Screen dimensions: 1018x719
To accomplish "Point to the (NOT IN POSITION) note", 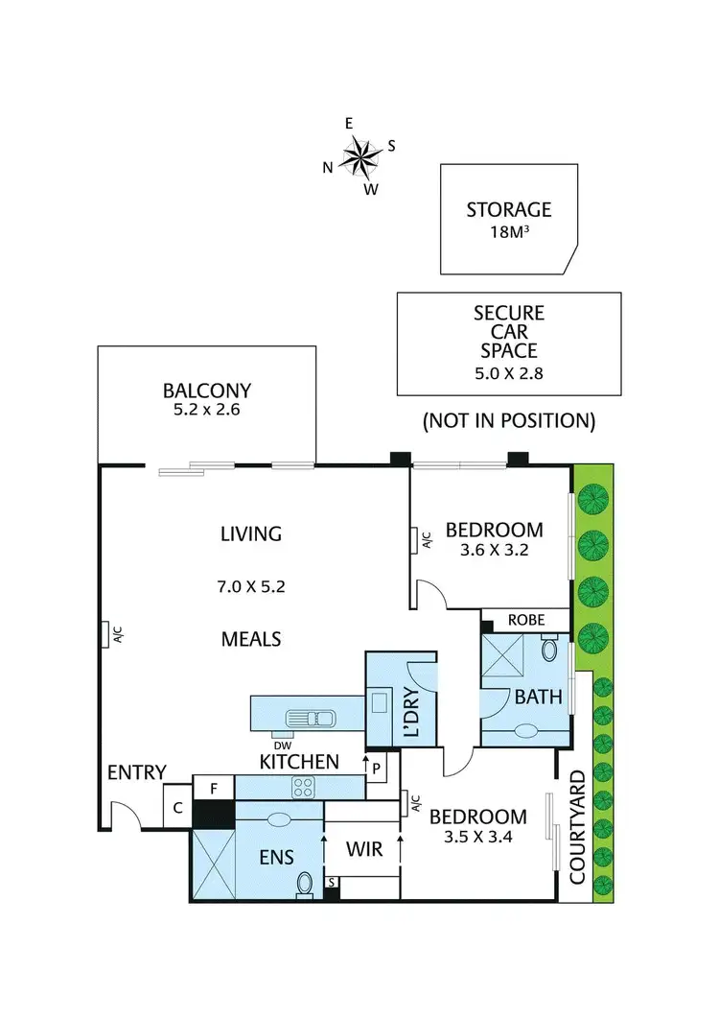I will click(508, 420).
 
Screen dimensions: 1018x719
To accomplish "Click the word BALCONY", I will click(206, 391).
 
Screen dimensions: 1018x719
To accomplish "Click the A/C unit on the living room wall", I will click(105, 634).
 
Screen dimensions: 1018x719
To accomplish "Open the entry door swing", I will click(123, 816).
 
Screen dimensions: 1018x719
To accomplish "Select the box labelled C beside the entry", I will click(177, 808).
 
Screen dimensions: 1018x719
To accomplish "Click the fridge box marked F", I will click(213, 788).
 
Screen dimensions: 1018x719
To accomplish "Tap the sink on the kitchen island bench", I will click(311, 717).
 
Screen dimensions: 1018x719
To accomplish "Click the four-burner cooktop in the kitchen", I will click(304, 788).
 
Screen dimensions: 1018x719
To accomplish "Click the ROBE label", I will click(525, 620).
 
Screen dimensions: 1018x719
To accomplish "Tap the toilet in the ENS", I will click(305, 883).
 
